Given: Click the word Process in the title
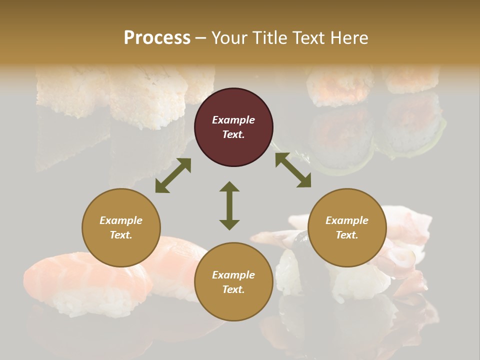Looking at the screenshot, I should click(157, 38).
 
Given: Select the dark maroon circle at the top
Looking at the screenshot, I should click(233, 127).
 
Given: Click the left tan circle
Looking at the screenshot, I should click(121, 228).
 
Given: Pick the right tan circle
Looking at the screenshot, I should click(347, 228).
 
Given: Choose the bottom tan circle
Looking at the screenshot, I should click(233, 282).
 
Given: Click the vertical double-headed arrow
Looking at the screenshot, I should click(229, 205).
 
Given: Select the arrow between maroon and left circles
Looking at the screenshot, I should click(173, 175).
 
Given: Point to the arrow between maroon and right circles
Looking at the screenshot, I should click(293, 170).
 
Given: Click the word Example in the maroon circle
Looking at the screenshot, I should click(233, 120).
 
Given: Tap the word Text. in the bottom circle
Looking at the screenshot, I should click(233, 289).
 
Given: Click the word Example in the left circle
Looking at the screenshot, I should click(121, 220).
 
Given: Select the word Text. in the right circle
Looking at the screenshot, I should click(347, 235).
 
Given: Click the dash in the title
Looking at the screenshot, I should click(200, 38).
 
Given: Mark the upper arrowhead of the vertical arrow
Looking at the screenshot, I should click(229, 186).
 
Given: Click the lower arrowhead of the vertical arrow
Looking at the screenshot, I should click(229, 224).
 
